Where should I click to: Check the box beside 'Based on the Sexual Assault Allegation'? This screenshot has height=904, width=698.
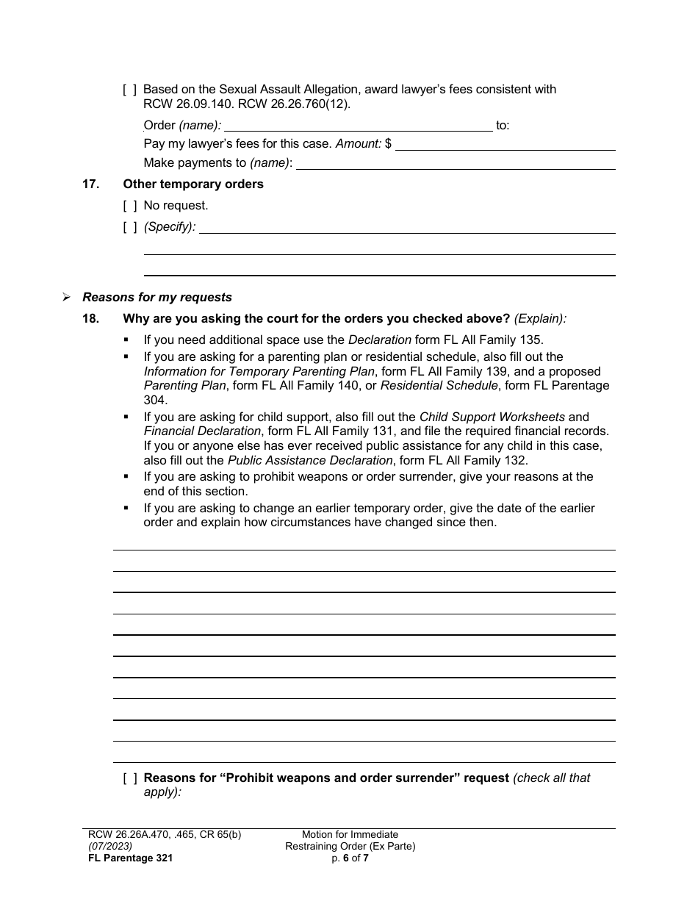(x=129, y=90)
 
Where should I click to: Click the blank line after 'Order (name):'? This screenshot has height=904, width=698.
(x=358, y=126)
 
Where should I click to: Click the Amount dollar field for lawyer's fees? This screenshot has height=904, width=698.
(x=505, y=145)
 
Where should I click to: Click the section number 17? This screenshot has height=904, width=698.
(x=90, y=184)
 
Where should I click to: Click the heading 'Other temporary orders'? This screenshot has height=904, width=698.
(x=193, y=184)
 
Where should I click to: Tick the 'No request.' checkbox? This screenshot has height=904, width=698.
(x=129, y=206)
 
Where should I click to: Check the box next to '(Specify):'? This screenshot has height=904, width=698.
(x=129, y=227)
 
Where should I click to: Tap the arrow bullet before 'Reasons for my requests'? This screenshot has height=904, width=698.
(x=67, y=298)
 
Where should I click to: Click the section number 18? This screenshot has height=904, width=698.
(x=90, y=319)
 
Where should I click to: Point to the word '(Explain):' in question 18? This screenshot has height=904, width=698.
(x=540, y=319)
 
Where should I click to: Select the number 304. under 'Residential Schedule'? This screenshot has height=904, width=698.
(x=155, y=401)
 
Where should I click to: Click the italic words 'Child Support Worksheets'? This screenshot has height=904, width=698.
(x=492, y=417)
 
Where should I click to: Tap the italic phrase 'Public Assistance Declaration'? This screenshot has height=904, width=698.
(x=309, y=461)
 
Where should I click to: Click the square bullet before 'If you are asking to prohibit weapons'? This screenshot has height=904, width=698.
(x=126, y=477)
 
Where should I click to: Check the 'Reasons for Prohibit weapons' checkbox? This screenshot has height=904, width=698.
(x=129, y=778)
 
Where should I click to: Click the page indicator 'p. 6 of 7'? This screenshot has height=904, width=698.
(x=350, y=858)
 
